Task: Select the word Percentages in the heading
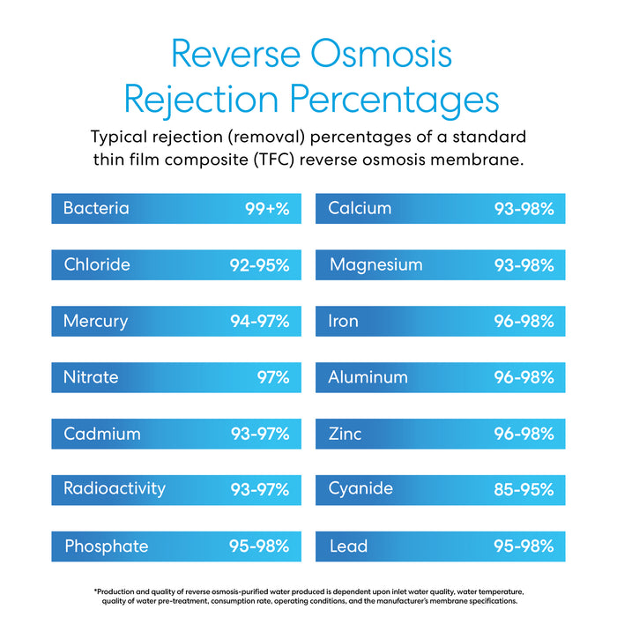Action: click(393, 100)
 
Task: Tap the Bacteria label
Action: click(96, 209)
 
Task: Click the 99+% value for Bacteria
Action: click(267, 210)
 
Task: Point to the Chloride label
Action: click(97, 264)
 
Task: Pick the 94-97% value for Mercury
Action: click(260, 321)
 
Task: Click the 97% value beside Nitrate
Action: click(272, 377)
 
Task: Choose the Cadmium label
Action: click(101, 434)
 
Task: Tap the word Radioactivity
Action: click(115, 488)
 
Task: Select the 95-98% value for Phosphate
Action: click(259, 546)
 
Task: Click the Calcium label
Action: click(360, 209)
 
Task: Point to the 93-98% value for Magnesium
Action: click(524, 264)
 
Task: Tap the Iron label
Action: click(344, 321)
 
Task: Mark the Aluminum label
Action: click(368, 377)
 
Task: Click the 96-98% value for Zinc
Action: click(524, 434)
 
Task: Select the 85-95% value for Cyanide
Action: click(524, 488)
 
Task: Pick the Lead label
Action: click(348, 546)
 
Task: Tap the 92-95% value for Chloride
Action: click(260, 264)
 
